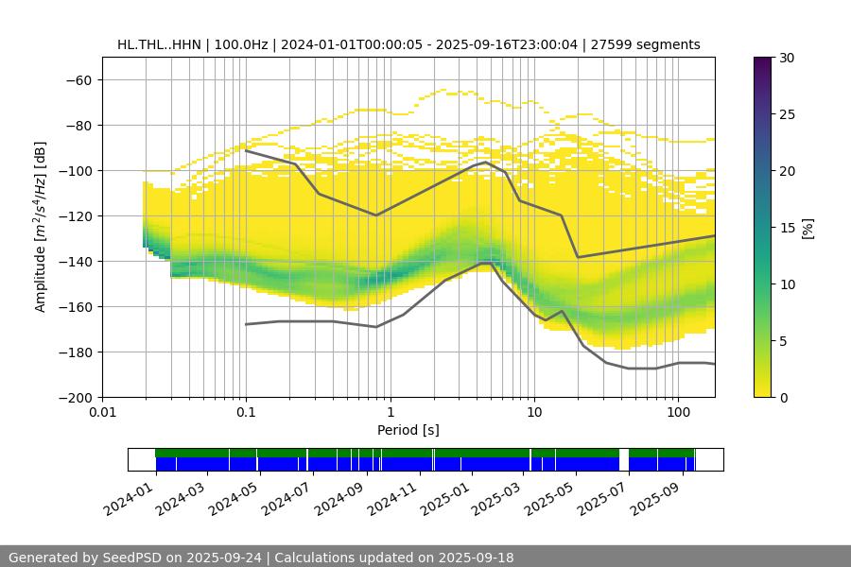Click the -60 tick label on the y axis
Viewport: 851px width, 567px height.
pyautogui.click(x=78, y=79)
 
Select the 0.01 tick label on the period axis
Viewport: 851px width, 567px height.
pyautogui.click(x=102, y=412)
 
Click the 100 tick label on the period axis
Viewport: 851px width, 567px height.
pyautogui.click(x=678, y=412)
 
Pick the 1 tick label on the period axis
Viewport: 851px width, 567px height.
pyautogui.click(x=390, y=412)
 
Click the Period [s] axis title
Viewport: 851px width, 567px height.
pyautogui.click(x=408, y=430)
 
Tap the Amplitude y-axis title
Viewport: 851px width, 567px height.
pyautogui.click(x=41, y=228)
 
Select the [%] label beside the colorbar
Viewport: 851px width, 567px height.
pyautogui.click(x=808, y=228)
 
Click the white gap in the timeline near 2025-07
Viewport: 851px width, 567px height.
pyautogui.click(x=623, y=459)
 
